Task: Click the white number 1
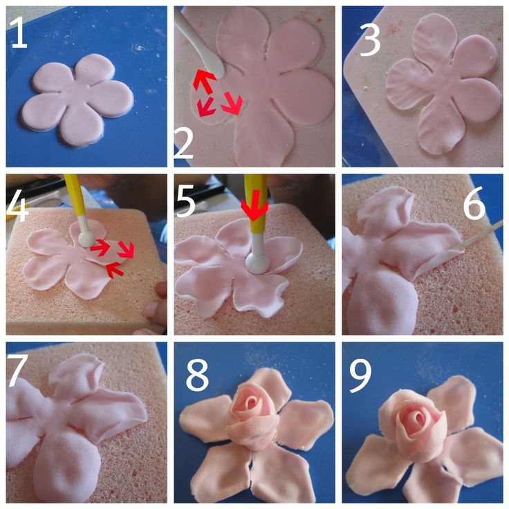point(19,33)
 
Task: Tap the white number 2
point(184,143)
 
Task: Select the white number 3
point(370,40)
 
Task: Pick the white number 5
point(185,201)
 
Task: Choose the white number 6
point(474,203)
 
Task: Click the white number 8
point(197,376)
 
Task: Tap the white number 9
point(361,376)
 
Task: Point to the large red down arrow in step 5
point(254,205)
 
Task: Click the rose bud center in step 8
point(252,403)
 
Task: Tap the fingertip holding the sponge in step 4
point(159,290)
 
